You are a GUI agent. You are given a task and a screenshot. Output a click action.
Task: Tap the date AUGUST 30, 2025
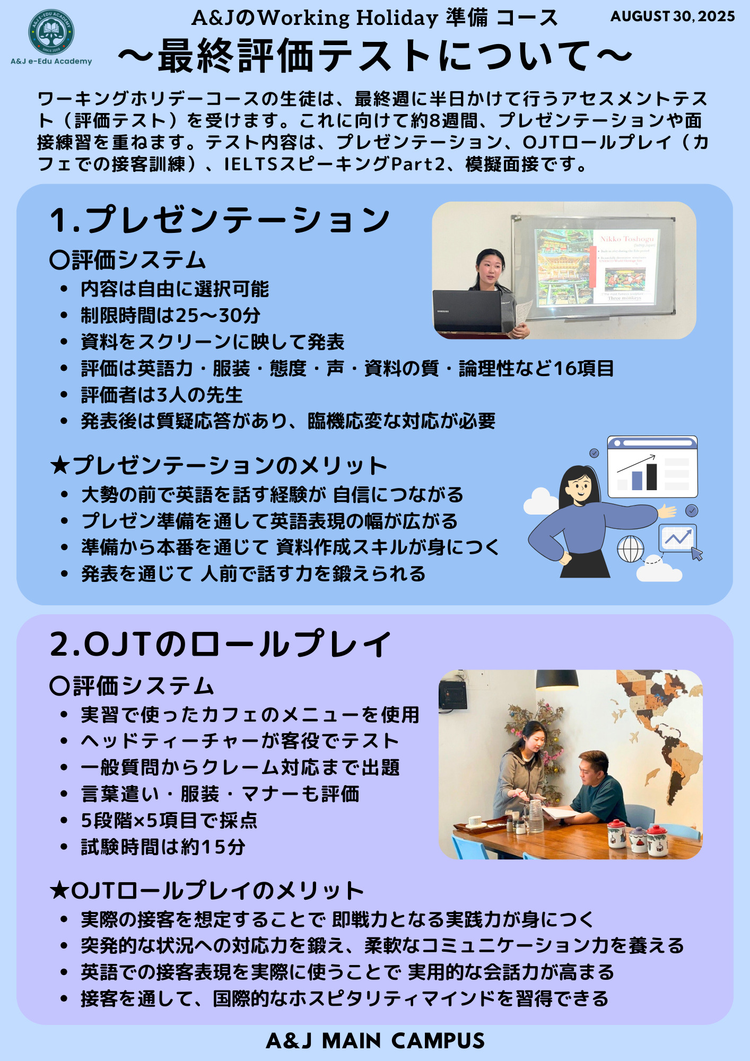[x=673, y=16]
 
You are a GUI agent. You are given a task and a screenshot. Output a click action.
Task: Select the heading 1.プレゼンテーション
[x=220, y=220]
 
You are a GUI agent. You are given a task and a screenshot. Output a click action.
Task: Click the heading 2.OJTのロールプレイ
[x=220, y=644]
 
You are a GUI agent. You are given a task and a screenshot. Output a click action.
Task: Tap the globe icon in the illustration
[x=631, y=549]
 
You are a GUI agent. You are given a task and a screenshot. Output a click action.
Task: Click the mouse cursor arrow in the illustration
[x=697, y=554]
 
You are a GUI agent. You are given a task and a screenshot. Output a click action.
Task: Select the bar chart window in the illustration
[x=652, y=467]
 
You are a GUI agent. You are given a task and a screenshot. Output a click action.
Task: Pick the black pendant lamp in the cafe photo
[x=557, y=679]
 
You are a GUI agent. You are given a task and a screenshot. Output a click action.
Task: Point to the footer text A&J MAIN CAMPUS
[x=375, y=1041]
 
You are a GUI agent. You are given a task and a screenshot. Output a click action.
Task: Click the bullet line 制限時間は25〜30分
[x=170, y=316]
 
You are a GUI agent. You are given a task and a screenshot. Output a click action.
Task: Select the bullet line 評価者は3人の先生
[x=161, y=395]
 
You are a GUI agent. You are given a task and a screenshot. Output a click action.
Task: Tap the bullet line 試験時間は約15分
[x=163, y=847]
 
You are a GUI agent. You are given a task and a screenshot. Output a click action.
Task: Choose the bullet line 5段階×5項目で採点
[x=169, y=821]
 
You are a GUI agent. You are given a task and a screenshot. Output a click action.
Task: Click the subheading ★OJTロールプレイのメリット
[x=207, y=891]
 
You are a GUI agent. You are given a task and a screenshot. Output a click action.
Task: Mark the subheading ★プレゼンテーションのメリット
[x=218, y=466]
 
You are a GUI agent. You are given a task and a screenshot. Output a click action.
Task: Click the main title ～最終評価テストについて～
[x=375, y=56]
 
